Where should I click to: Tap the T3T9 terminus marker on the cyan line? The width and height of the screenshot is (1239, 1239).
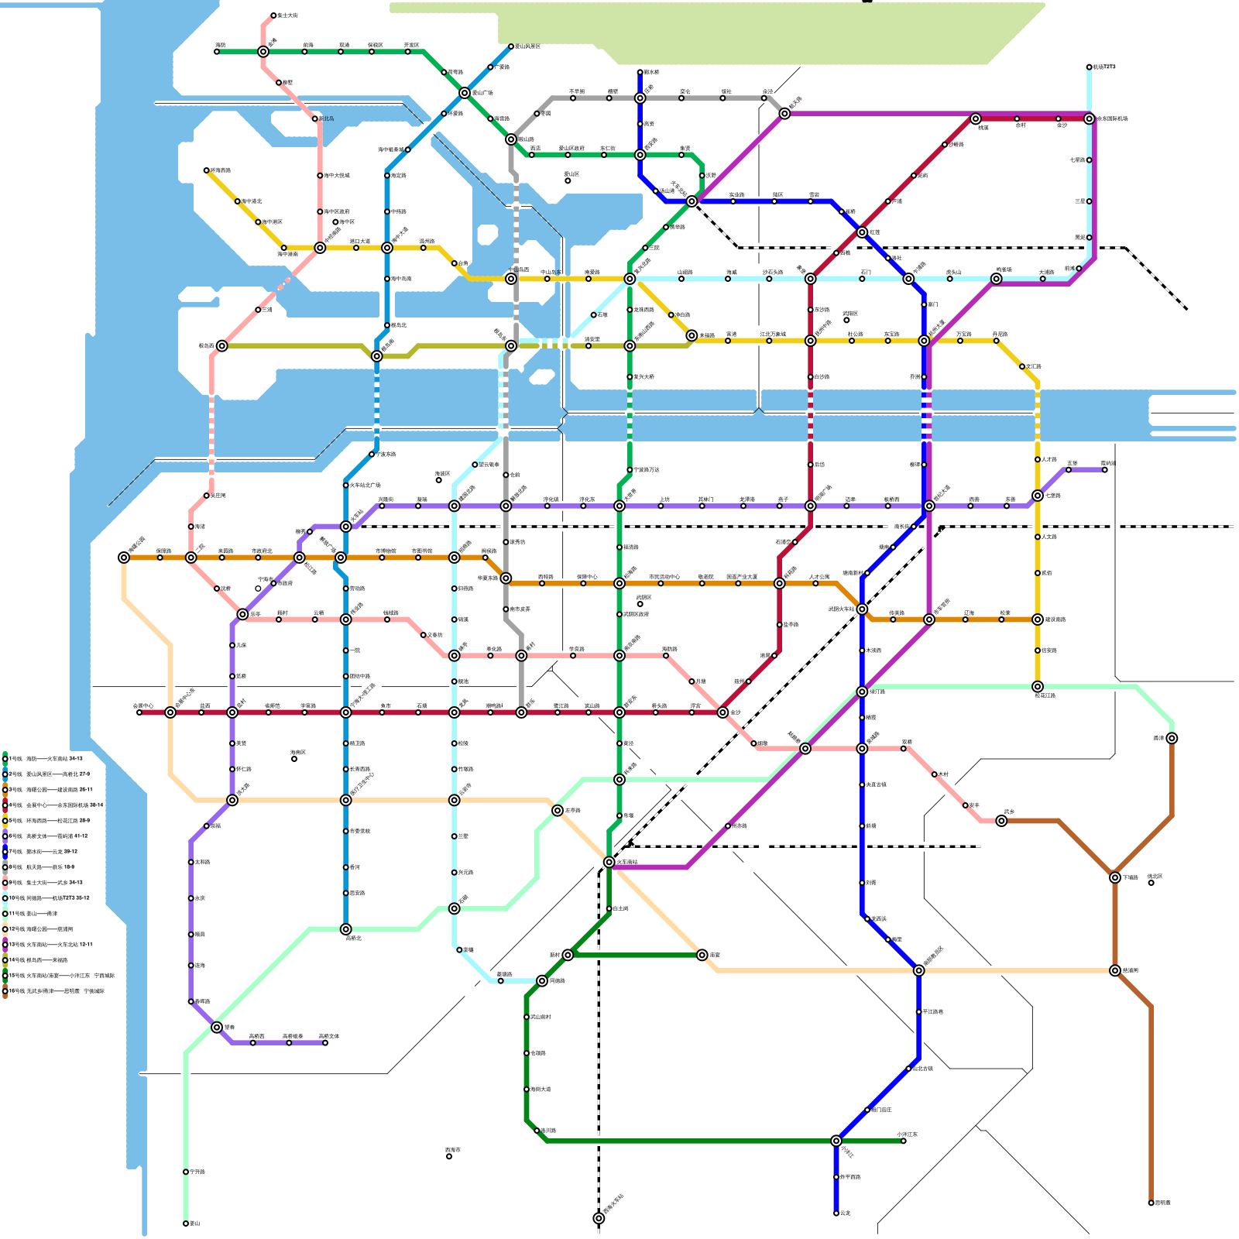coord(1089,67)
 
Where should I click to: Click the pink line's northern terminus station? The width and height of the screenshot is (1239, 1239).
coord(273,15)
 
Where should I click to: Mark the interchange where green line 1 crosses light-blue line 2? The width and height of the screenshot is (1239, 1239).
coord(465,93)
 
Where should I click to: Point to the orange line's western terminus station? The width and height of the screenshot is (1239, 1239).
coord(124,558)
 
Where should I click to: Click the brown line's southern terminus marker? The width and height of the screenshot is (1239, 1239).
coord(1151,1203)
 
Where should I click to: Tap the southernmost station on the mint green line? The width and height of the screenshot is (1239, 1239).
coord(186,1224)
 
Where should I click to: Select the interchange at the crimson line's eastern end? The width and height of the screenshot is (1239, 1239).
coord(1089,118)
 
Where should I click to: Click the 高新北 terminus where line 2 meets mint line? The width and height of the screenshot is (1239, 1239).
coord(345,929)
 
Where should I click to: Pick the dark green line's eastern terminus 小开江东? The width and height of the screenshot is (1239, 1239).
coord(903,1141)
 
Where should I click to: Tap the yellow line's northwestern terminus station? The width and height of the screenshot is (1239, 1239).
coord(207,170)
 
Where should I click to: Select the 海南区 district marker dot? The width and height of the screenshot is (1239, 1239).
coord(294,759)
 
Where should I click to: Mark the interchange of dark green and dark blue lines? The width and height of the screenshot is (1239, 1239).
coord(836,1141)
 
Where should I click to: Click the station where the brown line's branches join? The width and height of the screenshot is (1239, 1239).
coord(1115,877)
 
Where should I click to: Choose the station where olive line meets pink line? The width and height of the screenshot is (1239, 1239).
coord(222,345)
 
